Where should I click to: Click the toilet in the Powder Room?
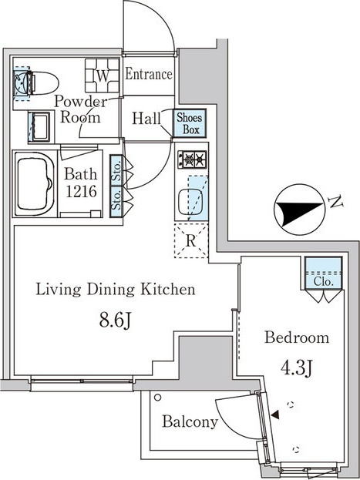point(43,83)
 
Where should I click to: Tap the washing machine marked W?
point(102,76)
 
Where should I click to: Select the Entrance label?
point(149,75)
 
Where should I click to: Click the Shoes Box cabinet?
point(190,123)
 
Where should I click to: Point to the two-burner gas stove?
point(192,159)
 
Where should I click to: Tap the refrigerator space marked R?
point(191,241)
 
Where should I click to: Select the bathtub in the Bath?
point(35,183)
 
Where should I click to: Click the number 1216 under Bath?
point(81,192)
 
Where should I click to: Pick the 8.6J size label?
point(115,321)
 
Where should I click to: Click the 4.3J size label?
point(297,368)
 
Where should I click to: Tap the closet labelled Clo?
point(324,273)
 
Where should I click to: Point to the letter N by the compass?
point(335,203)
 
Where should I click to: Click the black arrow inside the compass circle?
point(298,211)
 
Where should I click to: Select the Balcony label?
point(190,421)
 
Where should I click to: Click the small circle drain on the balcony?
point(157,398)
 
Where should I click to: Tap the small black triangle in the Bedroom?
point(275,415)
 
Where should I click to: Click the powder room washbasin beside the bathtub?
point(39,126)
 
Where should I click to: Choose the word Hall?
point(146,119)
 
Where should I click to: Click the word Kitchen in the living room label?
point(167,289)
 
